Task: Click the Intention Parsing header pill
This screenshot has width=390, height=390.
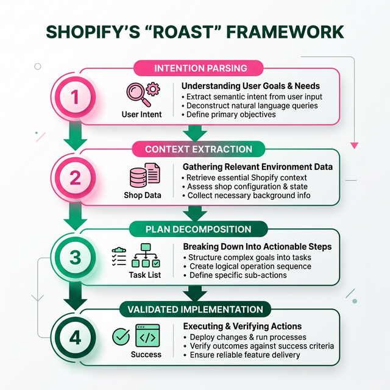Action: [200, 68]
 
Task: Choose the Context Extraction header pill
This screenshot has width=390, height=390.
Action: [199, 149]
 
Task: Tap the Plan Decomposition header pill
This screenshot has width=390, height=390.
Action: [199, 229]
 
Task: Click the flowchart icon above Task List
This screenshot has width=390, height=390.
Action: [146, 256]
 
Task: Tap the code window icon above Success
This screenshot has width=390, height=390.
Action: [147, 336]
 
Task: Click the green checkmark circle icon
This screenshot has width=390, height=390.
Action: [121, 336]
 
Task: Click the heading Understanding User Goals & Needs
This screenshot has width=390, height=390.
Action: [251, 86]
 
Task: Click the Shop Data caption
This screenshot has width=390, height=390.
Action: [142, 196]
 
